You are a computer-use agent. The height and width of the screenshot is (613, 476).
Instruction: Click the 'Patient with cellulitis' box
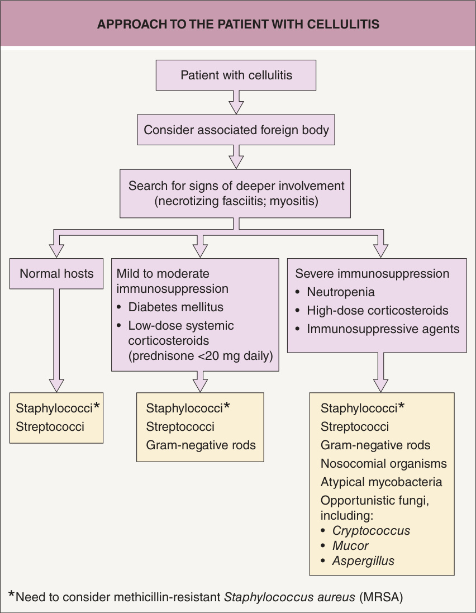pyautogui.click(x=236, y=75)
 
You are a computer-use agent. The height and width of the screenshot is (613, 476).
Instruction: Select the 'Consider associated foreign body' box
pyautogui.click(x=236, y=130)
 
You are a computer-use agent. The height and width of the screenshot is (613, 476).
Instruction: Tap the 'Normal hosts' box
pyautogui.click(x=56, y=274)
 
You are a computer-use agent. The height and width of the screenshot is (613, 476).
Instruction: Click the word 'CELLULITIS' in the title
pyautogui.click(x=343, y=24)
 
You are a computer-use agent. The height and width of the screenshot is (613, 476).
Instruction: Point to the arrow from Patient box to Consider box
pyautogui.click(x=236, y=102)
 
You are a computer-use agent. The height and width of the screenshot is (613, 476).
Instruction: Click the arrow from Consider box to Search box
pyautogui.click(x=236, y=157)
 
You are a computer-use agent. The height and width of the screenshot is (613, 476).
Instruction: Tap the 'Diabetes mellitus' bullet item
pyautogui.click(x=175, y=307)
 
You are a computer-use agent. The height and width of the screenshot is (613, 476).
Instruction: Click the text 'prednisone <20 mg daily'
pyautogui.click(x=200, y=356)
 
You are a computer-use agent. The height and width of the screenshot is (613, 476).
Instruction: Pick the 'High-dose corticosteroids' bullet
pyautogui.click(x=378, y=310)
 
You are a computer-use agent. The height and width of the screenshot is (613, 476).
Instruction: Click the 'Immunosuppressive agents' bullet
pyautogui.click(x=383, y=329)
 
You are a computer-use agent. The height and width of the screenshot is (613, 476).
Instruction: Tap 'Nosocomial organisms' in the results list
pyautogui.click(x=384, y=463)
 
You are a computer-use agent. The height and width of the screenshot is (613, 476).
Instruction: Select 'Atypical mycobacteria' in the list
pyautogui.click(x=382, y=482)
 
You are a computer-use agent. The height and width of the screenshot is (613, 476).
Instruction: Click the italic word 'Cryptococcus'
pyautogui.click(x=372, y=530)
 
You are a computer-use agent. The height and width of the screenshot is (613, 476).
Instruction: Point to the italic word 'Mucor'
pyautogui.click(x=350, y=546)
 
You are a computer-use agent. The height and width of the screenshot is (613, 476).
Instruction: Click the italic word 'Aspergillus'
pyautogui.click(x=364, y=561)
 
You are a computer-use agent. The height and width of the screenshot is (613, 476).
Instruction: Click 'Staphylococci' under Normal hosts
pyautogui.click(x=54, y=408)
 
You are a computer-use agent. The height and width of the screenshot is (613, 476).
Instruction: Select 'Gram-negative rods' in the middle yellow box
pyautogui.click(x=201, y=445)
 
